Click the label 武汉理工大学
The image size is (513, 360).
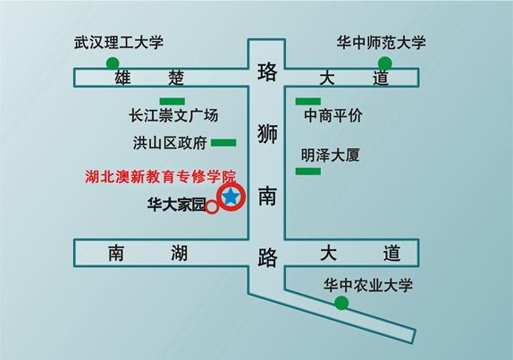[119, 43]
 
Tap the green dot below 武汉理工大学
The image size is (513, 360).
[113, 63]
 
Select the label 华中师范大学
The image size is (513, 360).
[381, 43]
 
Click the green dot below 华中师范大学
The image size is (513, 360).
[385, 63]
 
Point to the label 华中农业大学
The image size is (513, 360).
[368, 285]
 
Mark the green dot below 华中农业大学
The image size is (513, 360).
[341, 303]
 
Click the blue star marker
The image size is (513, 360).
[231, 197]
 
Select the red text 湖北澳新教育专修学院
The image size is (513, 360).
[160, 177]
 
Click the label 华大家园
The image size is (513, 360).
[176, 205]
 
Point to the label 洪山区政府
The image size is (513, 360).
[170, 143]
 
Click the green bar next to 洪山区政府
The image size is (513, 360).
[223, 143]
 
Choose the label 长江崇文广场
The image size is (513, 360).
[173, 115]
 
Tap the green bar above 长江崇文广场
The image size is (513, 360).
[172, 101]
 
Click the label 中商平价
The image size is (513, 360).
[333, 115]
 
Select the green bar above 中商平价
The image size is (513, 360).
[308, 101]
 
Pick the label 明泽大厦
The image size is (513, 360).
[331, 155]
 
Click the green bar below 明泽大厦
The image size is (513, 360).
[308, 172]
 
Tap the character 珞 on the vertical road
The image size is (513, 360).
[267, 72]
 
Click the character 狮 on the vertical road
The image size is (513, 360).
[267, 134]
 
